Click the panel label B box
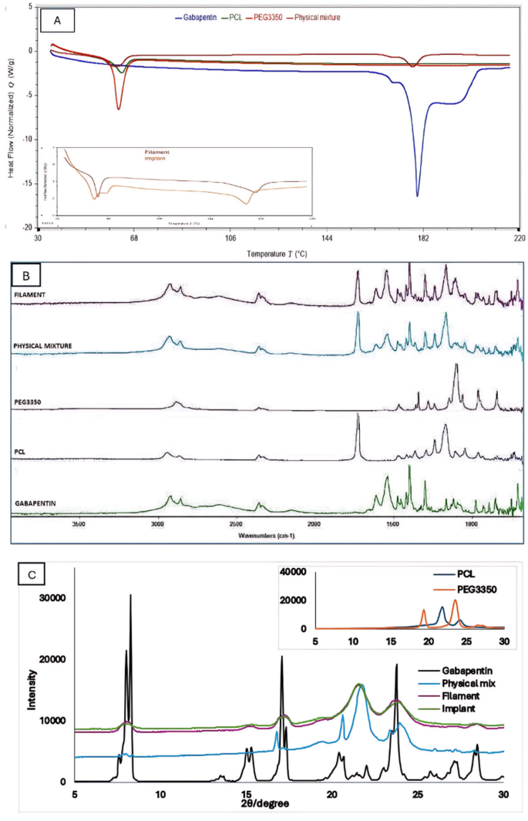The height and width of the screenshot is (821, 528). tap(29, 274)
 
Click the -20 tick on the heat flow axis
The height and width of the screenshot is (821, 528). tap(28, 228)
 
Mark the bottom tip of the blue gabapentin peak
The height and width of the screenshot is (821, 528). tap(418, 196)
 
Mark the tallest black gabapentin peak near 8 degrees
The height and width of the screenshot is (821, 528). tap(131, 596)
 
